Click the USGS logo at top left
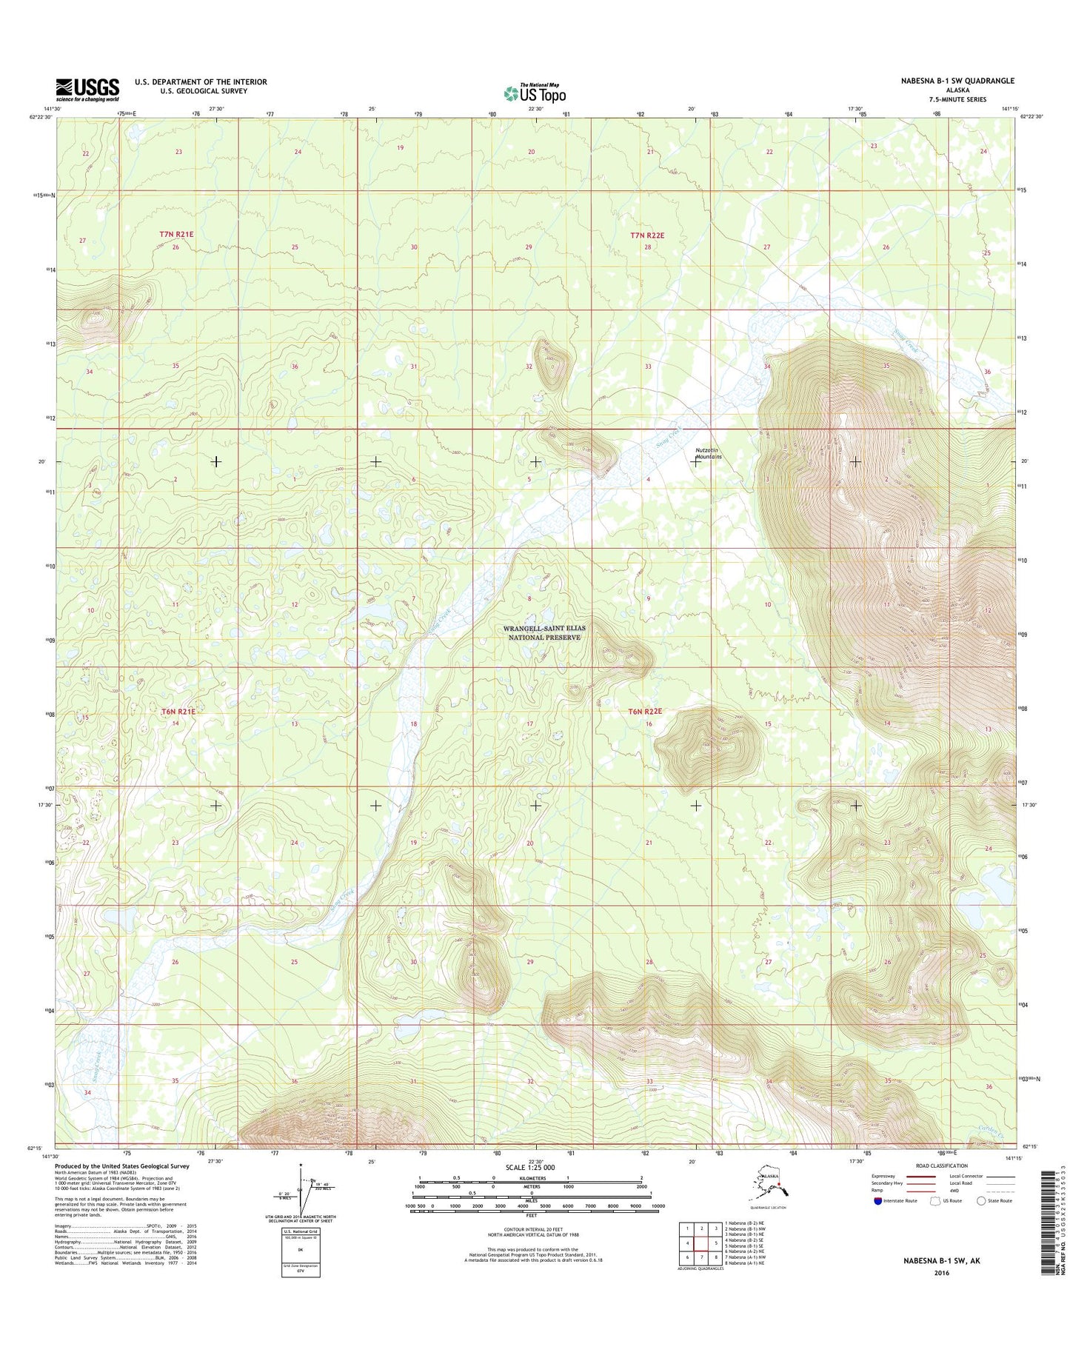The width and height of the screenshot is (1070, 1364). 87,90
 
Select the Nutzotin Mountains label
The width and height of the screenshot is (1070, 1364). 708,453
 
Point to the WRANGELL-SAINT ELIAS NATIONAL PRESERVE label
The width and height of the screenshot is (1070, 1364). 544,632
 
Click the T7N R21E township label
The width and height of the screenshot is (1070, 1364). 176,234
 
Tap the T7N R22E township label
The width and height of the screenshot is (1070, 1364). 647,235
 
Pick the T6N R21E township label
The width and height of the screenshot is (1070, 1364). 178,712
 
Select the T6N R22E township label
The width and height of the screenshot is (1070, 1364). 644,712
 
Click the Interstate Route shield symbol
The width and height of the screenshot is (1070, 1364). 877,1201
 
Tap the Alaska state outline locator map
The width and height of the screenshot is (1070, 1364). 770,1189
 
